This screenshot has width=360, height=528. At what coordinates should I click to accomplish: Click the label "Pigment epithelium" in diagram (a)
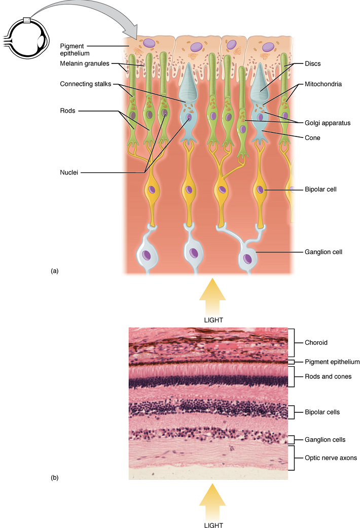click(74, 49)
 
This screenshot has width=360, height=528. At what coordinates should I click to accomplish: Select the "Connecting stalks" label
click(83, 84)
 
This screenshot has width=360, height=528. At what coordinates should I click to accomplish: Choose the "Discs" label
click(313, 64)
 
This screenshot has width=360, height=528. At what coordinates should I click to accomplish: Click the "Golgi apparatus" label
click(328, 123)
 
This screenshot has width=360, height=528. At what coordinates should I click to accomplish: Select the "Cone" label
click(313, 137)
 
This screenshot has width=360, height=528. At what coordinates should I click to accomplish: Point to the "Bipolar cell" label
click(321, 189)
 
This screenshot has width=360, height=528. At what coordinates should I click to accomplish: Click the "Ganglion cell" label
click(323, 252)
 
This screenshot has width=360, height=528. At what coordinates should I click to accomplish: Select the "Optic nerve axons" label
click(331, 457)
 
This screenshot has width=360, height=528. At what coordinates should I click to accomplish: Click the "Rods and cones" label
click(328, 376)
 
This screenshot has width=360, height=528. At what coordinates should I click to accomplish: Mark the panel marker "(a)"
click(55, 271)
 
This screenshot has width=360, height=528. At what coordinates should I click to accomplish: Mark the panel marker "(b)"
click(55, 477)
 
